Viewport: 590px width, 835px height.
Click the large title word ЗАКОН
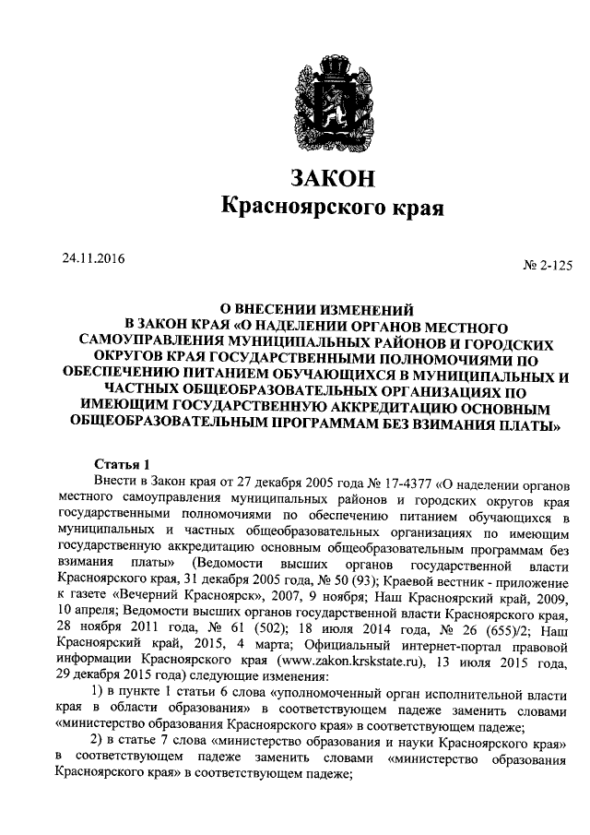click(x=333, y=174)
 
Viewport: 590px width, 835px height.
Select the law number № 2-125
click(x=546, y=266)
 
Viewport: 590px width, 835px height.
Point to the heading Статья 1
click(x=122, y=464)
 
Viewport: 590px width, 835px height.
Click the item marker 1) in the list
click(x=102, y=693)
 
